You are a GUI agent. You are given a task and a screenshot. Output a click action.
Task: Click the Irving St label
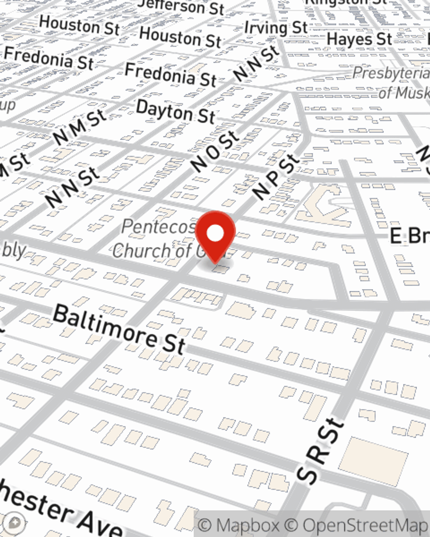276,28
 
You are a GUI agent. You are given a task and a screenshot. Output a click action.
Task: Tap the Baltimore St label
119,329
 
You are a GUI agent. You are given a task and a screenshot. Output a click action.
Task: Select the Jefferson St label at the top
181,6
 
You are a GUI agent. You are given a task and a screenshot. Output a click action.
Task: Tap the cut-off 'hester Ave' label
60,509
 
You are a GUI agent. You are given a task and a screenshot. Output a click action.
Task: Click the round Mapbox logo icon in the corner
14,523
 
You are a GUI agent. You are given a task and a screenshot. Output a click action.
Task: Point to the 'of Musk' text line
403,92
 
